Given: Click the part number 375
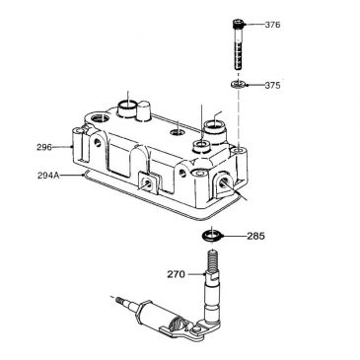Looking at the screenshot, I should click(x=273, y=86).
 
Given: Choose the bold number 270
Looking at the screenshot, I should click(x=177, y=275).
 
